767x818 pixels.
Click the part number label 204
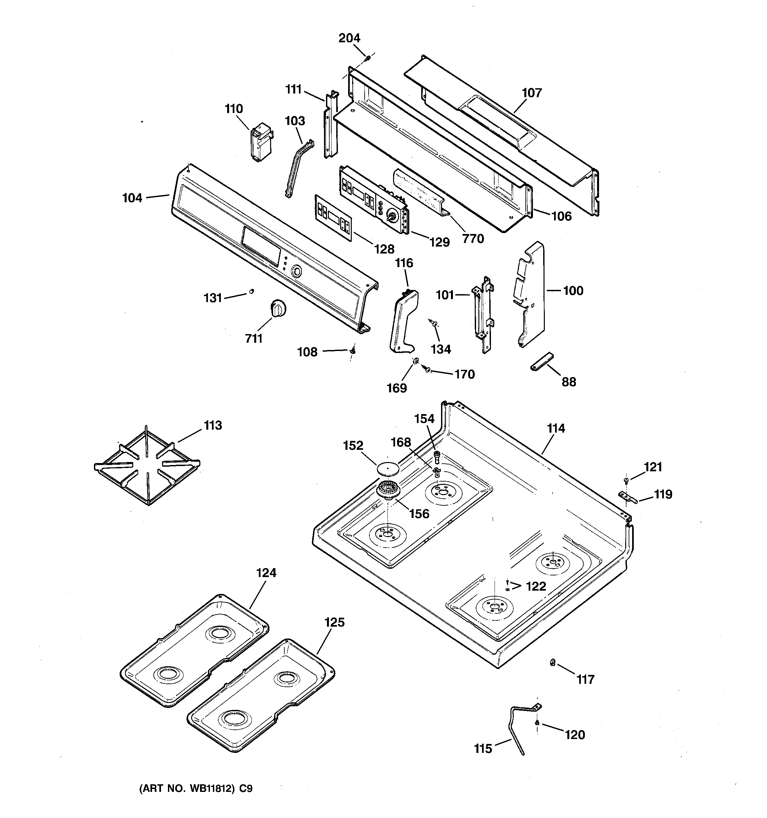pos(349,38)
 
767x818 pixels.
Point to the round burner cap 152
pos(388,468)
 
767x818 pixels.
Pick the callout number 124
pos(266,573)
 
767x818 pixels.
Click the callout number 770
pos(473,238)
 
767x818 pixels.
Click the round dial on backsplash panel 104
pos(296,271)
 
